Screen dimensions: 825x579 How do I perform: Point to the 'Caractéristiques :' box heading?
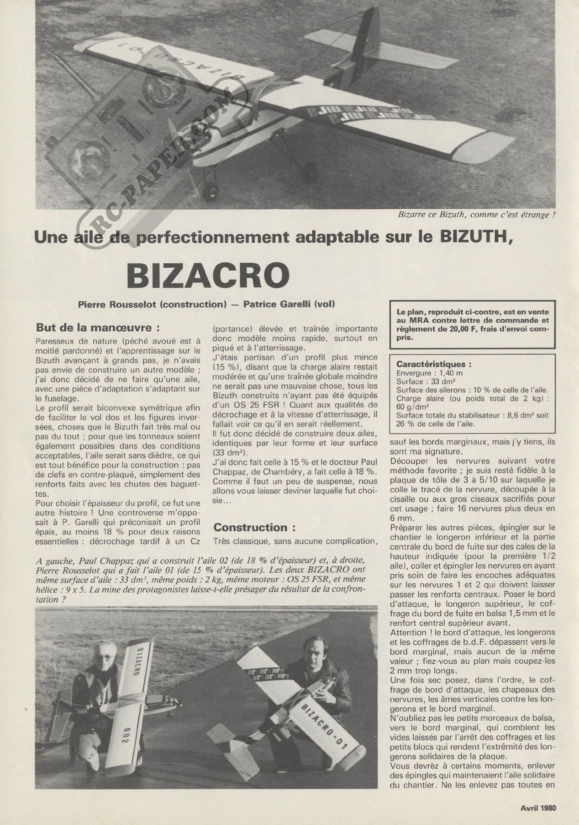pos(434,364)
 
